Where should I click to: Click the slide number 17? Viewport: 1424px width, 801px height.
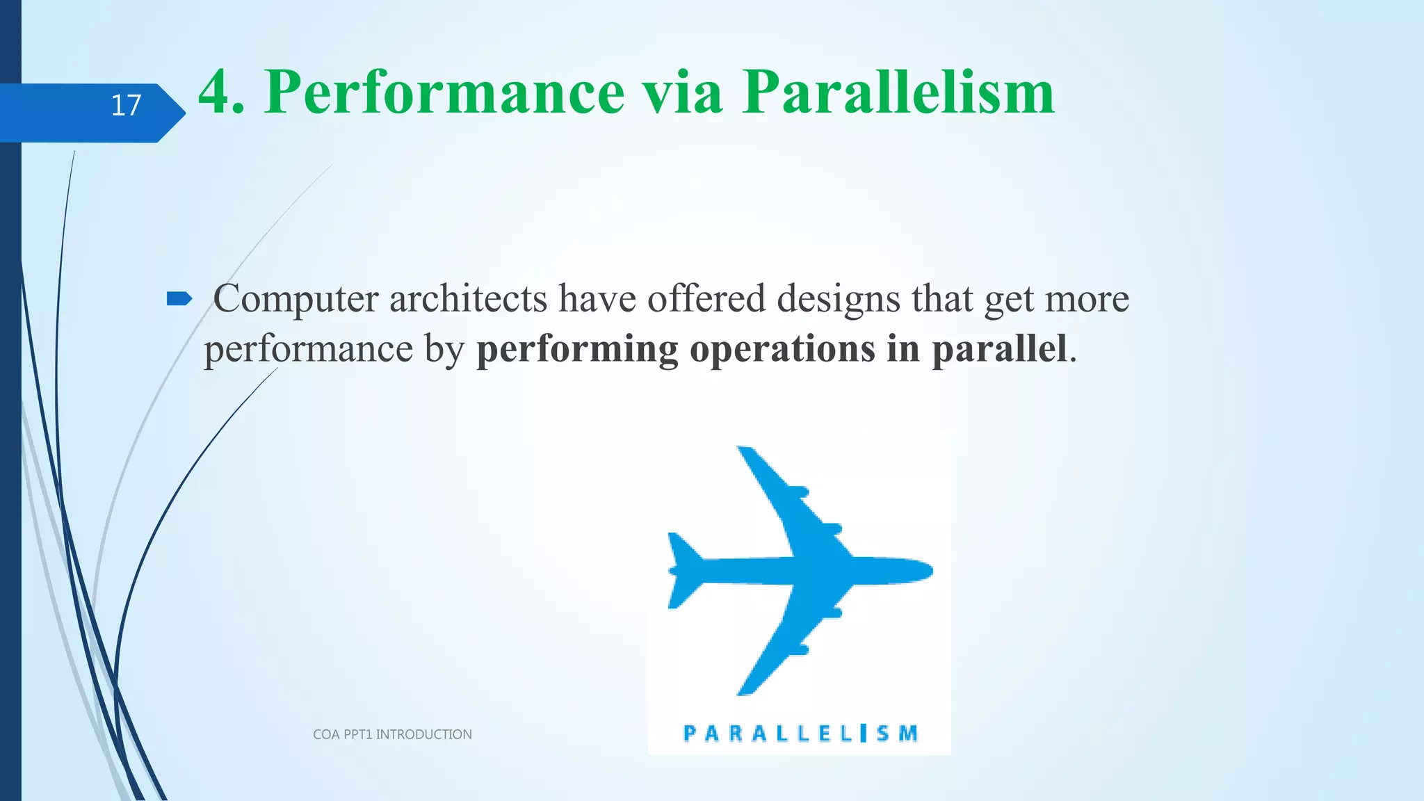126,106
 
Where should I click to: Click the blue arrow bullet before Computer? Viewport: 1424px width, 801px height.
179,299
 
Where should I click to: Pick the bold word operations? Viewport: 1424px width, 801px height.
782,348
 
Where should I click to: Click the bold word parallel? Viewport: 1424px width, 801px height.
998,348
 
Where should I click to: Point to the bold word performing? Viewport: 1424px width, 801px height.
577,348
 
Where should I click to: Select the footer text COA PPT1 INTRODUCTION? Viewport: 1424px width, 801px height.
392,734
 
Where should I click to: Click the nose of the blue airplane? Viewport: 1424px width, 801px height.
926,570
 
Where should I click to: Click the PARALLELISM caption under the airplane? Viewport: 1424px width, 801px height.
800,733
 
